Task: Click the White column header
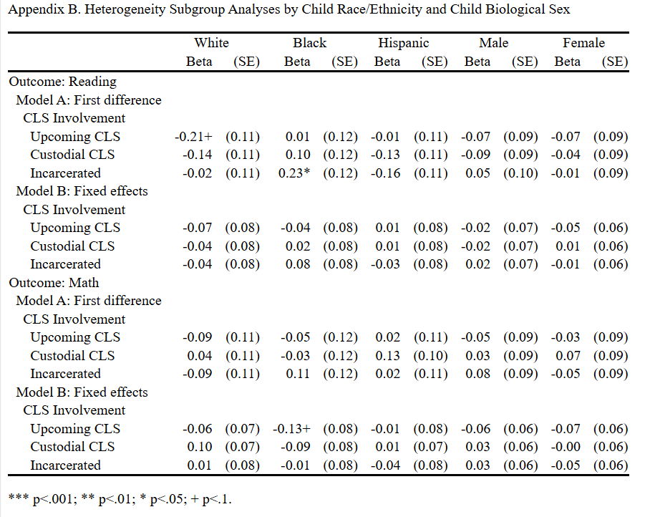point(211,43)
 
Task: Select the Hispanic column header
point(404,43)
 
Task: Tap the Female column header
point(583,43)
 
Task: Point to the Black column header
point(309,43)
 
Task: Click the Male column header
point(493,43)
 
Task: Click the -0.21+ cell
point(195,136)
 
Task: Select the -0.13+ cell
point(291,428)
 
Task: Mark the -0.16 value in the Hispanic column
point(387,173)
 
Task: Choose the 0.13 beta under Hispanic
point(389,355)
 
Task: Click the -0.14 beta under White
point(198,155)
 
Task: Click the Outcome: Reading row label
point(62,82)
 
